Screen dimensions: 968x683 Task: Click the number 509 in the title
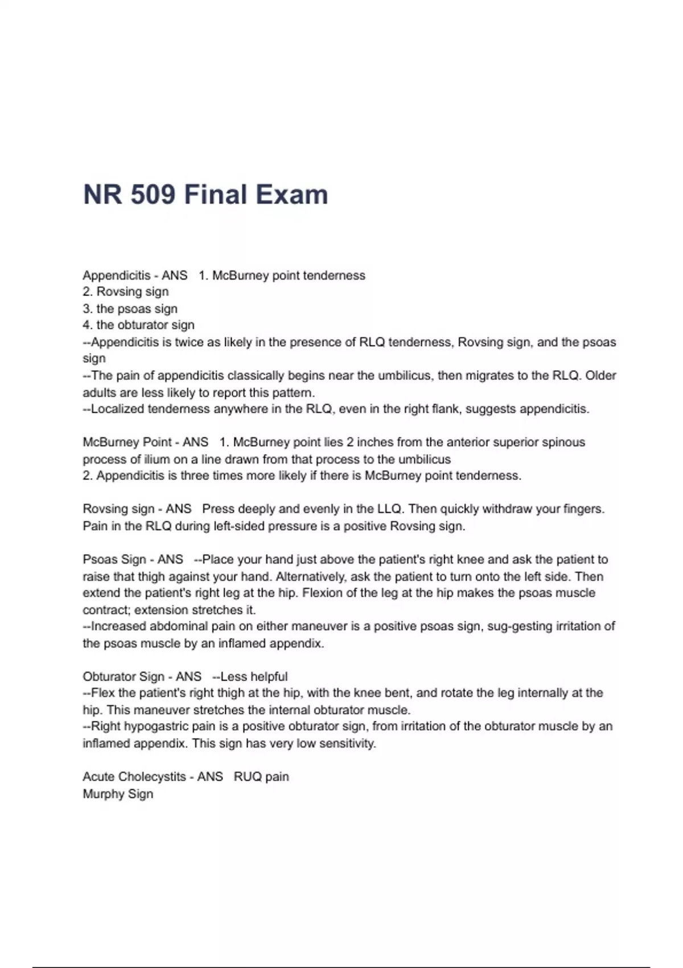(x=153, y=195)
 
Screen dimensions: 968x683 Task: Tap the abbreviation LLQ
(x=389, y=509)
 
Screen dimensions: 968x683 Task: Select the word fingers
(x=584, y=509)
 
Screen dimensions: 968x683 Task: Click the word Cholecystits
(x=151, y=777)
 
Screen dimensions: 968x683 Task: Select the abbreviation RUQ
(x=247, y=777)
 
